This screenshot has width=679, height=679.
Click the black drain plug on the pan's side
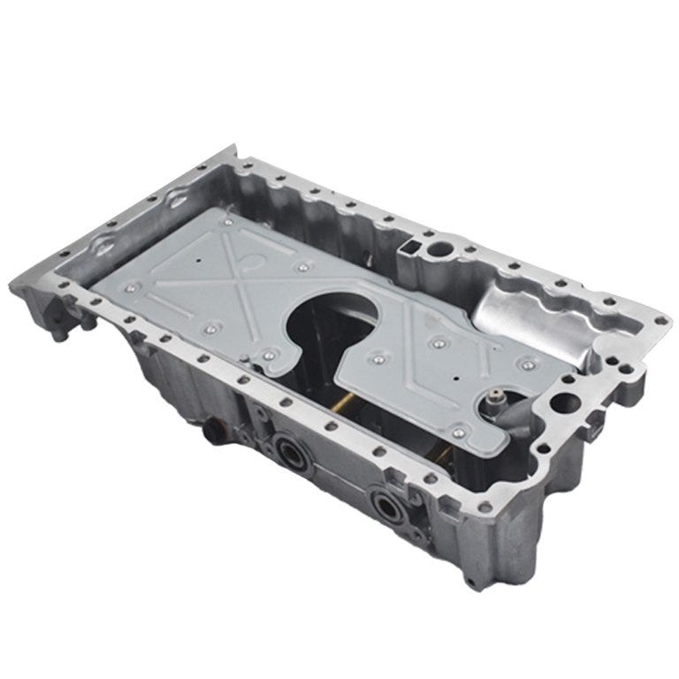(x=211, y=433)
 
